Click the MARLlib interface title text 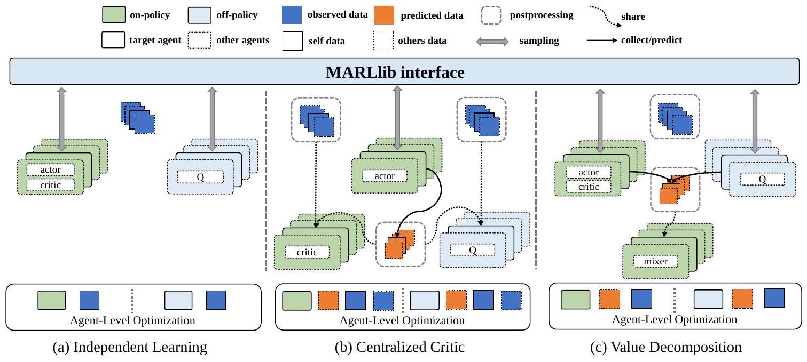point(395,72)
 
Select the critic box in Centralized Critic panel point(307,252)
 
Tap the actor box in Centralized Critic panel point(384,176)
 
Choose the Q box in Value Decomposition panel point(762,180)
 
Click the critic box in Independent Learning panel point(51,184)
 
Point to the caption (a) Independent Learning point(130,348)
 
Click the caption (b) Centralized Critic point(399,348)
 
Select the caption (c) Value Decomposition point(665,348)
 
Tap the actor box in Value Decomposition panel point(589,172)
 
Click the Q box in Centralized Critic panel point(473,249)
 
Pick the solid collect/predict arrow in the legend point(603,41)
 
